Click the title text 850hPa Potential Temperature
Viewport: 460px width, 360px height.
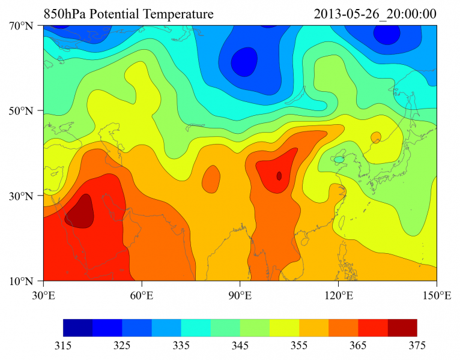[129, 13]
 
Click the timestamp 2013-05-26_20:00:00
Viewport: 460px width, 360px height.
[375, 13]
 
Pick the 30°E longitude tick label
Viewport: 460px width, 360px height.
[43, 295]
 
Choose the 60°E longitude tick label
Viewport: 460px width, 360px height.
[142, 295]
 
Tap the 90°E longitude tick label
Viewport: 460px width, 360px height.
[240, 295]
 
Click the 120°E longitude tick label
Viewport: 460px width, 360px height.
[338, 295]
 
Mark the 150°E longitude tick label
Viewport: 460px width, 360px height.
[437, 295]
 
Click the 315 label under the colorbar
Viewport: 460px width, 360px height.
[63, 346]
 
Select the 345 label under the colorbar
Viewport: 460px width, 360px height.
[240, 346]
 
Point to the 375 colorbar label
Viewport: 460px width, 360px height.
[417, 346]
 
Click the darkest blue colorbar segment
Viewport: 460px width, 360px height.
[77, 327]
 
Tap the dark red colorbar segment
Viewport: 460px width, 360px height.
[402, 327]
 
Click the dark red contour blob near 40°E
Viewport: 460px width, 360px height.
[80, 212]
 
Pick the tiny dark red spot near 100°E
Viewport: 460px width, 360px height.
[279, 176]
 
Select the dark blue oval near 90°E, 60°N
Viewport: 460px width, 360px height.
[244, 62]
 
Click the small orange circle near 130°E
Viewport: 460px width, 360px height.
[376, 137]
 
